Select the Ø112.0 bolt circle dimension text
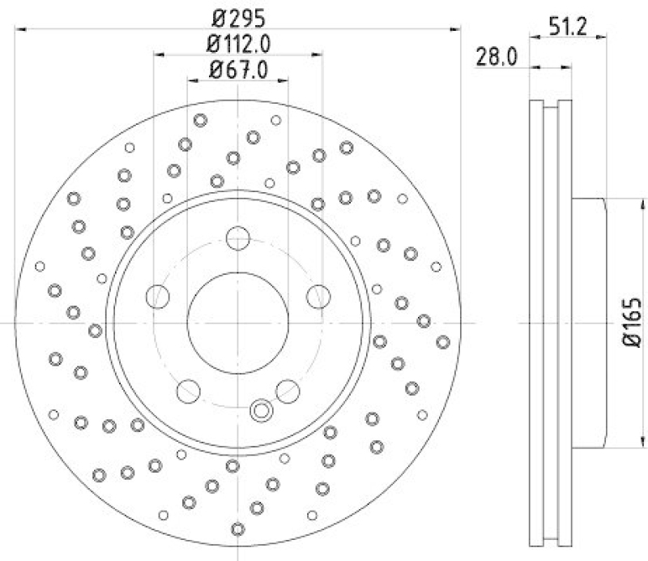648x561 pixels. point(237,44)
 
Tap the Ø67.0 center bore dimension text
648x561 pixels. point(237,70)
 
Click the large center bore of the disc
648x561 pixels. point(237,323)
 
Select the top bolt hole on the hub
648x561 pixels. point(237,238)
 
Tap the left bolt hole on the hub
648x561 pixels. point(157,296)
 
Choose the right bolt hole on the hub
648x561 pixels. point(318,296)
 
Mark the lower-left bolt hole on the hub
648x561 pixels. point(188,391)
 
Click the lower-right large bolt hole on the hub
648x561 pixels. point(287,391)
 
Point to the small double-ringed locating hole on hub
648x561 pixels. point(261,409)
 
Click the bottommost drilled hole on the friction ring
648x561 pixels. point(237,529)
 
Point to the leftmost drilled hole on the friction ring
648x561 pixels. point(40,266)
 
